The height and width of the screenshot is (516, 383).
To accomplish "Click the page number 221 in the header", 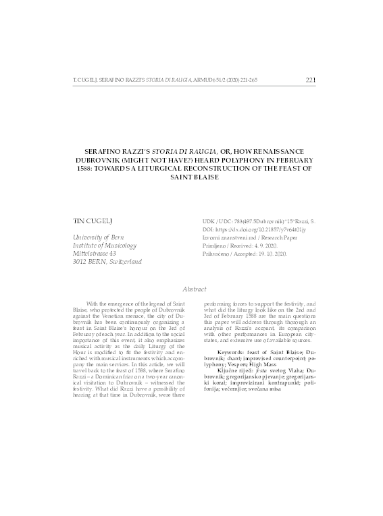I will click(x=311, y=80).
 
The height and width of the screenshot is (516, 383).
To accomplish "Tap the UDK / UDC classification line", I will click(x=258, y=221).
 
